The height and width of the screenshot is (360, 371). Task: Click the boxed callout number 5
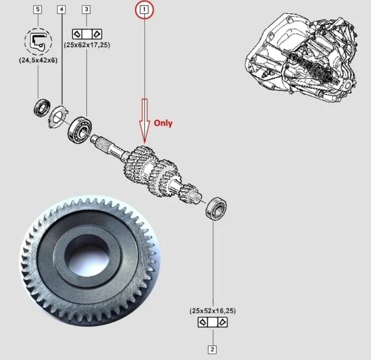click(x=38, y=9)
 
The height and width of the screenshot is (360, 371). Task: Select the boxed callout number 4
click(x=62, y=9)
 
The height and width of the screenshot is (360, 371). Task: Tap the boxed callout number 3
click(x=86, y=9)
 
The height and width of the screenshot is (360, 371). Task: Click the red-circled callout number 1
click(x=144, y=10)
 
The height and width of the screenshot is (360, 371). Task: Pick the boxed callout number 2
click(x=212, y=349)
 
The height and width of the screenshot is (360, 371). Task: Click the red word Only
click(x=163, y=123)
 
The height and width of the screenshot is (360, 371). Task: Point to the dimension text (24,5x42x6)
click(x=38, y=60)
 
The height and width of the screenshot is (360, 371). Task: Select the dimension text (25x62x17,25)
click(x=87, y=45)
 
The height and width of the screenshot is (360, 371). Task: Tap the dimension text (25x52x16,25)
click(x=213, y=311)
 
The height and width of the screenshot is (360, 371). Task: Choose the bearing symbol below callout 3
click(x=87, y=34)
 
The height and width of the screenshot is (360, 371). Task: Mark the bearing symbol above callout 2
click(x=213, y=322)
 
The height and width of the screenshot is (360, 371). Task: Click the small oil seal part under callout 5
click(x=42, y=108)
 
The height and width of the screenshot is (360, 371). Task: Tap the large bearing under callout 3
click(x=80, y=130)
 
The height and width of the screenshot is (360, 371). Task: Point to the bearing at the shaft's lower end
click(x=216, y=209)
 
